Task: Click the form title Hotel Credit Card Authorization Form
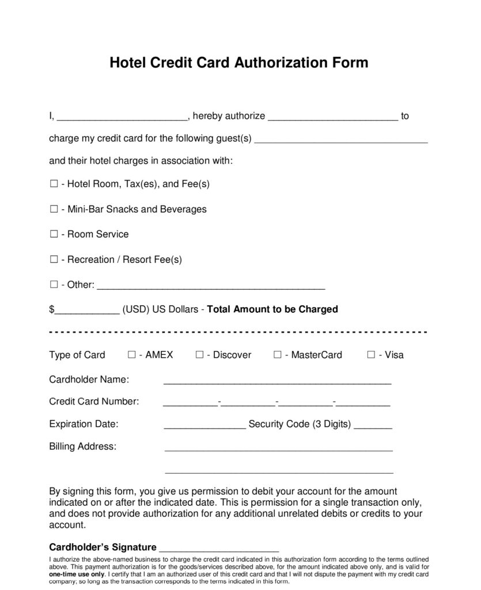tap(238, 62)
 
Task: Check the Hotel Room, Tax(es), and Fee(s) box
tap(54, 184)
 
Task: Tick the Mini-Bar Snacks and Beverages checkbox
tap(54, 209)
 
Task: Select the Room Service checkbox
tap(54, 235)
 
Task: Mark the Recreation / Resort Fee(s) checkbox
tap(54, 260)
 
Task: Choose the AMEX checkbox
tap(132, 355)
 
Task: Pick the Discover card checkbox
tap(199, 355)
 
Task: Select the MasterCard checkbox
tap(278, 355)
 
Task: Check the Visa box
tap(371, 355)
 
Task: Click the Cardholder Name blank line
tap(278, 381)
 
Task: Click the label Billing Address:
tap(82, 447)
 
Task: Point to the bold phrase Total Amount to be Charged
tap(272, 309)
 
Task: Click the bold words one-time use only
tap(77, 574)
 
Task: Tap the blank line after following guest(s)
tap(341, 139)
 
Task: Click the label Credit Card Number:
tap(94, 402)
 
